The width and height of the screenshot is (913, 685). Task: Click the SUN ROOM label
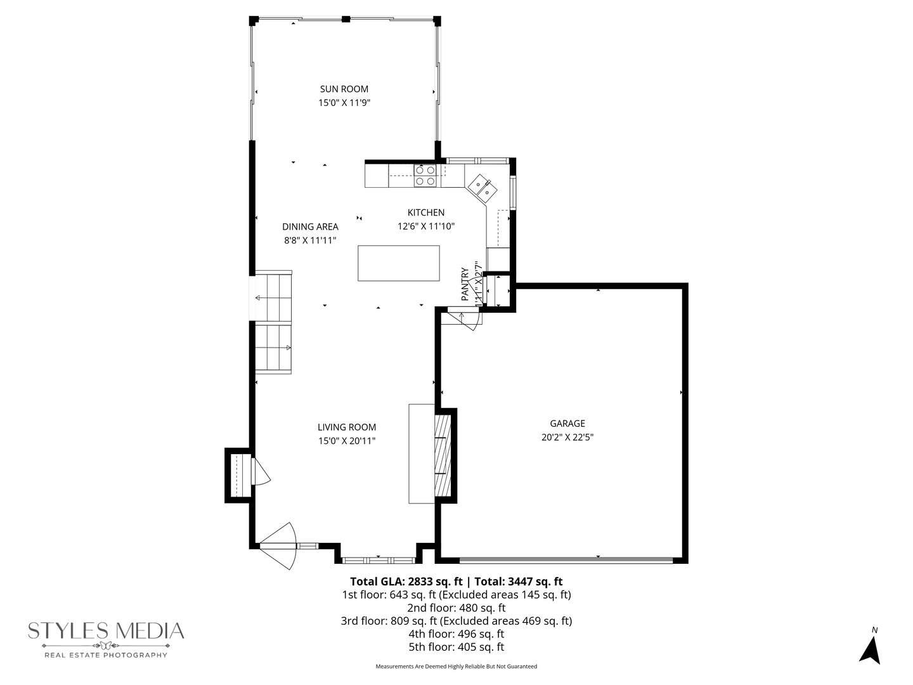344,89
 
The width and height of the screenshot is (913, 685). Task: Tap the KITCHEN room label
425,213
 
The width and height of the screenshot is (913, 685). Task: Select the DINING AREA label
310,227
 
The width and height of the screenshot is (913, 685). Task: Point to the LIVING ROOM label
347,427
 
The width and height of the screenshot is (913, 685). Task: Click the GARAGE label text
567,424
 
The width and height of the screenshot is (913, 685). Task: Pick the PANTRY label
465,284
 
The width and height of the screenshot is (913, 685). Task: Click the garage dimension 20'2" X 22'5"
567,437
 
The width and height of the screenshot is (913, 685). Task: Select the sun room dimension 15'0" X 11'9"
344,103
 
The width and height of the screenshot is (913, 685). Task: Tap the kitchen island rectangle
399,263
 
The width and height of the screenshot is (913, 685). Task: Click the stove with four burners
425,176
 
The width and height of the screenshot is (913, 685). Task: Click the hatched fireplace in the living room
441,455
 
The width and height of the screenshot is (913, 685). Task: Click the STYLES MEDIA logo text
106,630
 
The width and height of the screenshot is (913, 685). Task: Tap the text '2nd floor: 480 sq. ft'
456,608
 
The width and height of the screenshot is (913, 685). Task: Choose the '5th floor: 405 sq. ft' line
456,648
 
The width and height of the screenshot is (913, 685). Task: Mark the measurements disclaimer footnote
456,667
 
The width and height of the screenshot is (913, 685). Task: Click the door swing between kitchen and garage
467,319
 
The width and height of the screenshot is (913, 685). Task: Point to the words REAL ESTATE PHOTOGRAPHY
105,655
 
